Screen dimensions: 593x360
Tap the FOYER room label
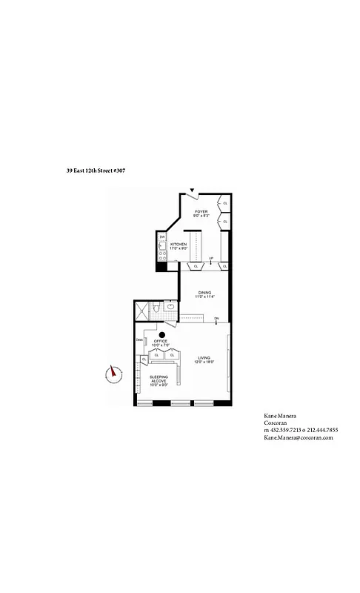coord(201,213)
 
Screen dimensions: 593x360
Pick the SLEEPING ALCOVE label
coord(159,382)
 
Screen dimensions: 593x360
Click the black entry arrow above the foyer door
coord(193,191)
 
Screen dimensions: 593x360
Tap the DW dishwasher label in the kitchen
coord(161,237)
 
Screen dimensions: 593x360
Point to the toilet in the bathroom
coord(157,310)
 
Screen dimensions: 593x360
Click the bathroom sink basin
coord(171,306)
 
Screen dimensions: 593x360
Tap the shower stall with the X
coord(141,311)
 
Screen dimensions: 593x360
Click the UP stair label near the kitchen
coord(211,259)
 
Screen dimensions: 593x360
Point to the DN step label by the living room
coord(216,319)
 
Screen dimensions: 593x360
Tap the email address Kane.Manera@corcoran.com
coord(299,437)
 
